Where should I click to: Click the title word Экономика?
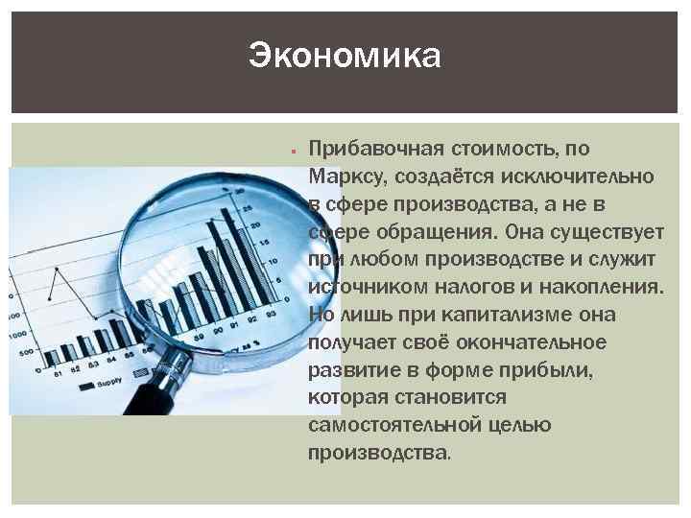[345, 55]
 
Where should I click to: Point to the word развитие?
[348, 370]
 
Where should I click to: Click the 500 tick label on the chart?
[25, 352]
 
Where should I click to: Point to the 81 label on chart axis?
[59, 372]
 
